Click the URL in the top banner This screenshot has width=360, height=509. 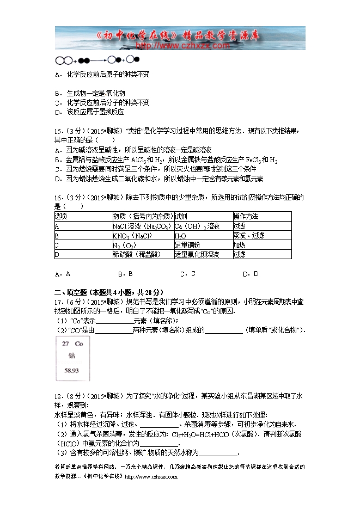pyautogui.click(x=179, y=46)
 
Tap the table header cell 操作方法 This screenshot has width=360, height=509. pyautogui.click(x=246, y=217)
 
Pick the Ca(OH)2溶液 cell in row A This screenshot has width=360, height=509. pyautogui.click(x=197, y=226)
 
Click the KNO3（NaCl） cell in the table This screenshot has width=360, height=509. pyautogui.click(x=132, y=236)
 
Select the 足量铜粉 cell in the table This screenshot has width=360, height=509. pyautogui.click(x=187, y=245)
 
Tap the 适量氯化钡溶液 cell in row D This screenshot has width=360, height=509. pyautogui.click(x=197, y=254)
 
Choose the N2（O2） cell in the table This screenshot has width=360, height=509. pyautogui.click(x=124, y=245)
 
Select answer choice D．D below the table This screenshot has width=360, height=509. pyautogui.click(x=251, y=273)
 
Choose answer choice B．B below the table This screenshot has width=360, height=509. pyautogui.click(x=125, y=273)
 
